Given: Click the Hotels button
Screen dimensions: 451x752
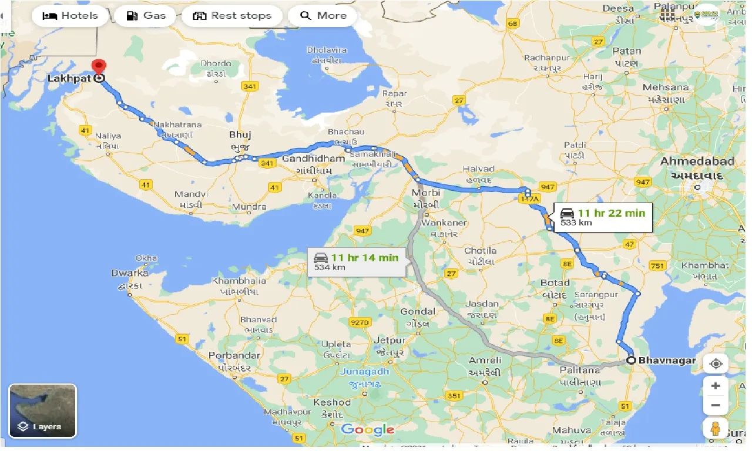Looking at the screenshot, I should point(70,16).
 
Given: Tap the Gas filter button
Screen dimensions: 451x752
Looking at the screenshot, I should point(146,16).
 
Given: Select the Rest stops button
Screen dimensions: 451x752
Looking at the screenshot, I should point(232,16).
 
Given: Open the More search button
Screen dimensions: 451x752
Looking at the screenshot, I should point(323,16).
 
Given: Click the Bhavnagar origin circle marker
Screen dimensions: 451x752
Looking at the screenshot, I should point(631,361).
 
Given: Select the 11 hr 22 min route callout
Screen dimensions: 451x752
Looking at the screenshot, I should point(602,217).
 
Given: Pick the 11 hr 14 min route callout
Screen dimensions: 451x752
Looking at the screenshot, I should point(356,261).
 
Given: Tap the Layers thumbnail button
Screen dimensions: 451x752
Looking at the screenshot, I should point(42,411).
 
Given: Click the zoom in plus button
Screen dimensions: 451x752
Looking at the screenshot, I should point(716,386).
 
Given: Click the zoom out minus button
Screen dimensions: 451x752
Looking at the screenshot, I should point(716,405).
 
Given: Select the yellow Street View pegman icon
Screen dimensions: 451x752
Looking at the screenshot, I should point(716,429).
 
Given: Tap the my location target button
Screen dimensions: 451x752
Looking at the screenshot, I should point(716,364).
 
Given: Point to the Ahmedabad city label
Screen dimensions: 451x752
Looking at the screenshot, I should point(697,161).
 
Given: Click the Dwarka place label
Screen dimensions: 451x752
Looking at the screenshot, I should point(130,273).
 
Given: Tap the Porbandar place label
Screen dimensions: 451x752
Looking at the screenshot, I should point(234,355).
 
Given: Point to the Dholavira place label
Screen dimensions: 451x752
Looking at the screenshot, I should point(327,51).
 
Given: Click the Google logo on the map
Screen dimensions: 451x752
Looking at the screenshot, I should point(368,429).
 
